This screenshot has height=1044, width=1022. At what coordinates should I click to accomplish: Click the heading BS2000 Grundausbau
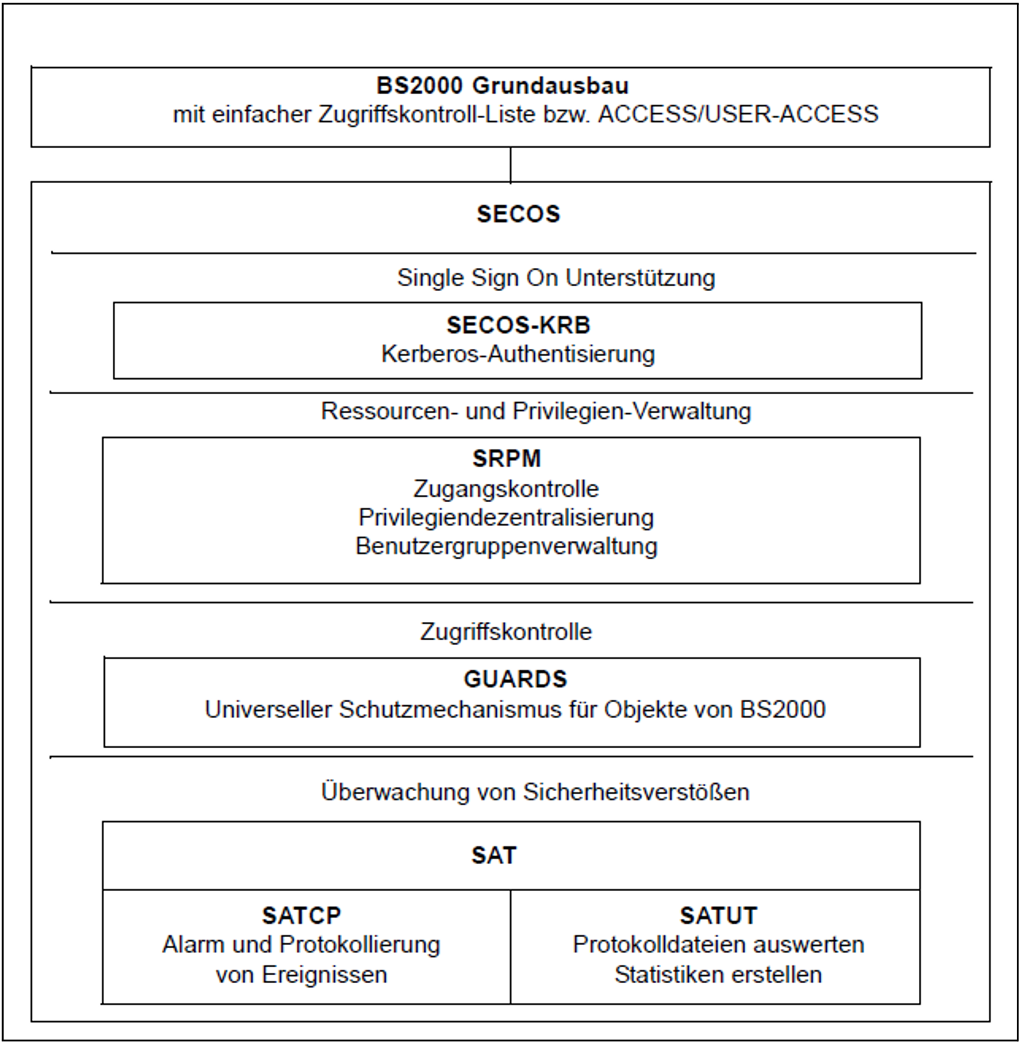pos(502,86)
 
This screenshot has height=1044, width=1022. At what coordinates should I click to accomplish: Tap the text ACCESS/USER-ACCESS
pos(738,115)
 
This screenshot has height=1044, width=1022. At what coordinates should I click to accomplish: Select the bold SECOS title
pos(518,214)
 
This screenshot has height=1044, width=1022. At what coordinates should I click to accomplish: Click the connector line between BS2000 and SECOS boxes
pos(510,165)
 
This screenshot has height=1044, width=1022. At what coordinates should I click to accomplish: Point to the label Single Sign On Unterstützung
pos(555,278)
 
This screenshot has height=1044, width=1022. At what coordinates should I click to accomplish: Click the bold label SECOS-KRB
pos(518,325)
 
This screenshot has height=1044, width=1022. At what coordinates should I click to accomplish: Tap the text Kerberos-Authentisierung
pos(518,355)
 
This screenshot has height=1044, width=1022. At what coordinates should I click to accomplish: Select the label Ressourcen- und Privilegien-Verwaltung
pos(536,411)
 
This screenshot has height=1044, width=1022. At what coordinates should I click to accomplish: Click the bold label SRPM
pos(506,459)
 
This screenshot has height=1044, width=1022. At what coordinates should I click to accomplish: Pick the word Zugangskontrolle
pos(506,489)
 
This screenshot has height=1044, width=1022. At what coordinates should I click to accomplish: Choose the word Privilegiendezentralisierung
pos(506,518)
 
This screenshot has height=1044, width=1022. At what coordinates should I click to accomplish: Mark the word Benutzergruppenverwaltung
pos(506,547)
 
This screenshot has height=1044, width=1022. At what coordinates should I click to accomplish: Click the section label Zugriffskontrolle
pos(506,632)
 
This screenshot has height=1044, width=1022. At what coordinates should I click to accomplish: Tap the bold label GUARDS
pos(515,679)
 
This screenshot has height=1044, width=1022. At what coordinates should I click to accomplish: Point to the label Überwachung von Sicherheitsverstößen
pos(535,792)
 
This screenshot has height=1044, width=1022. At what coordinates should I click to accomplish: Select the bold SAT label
pos(494,856)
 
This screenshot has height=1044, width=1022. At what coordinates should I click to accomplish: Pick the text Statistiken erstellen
pos(718,975)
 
